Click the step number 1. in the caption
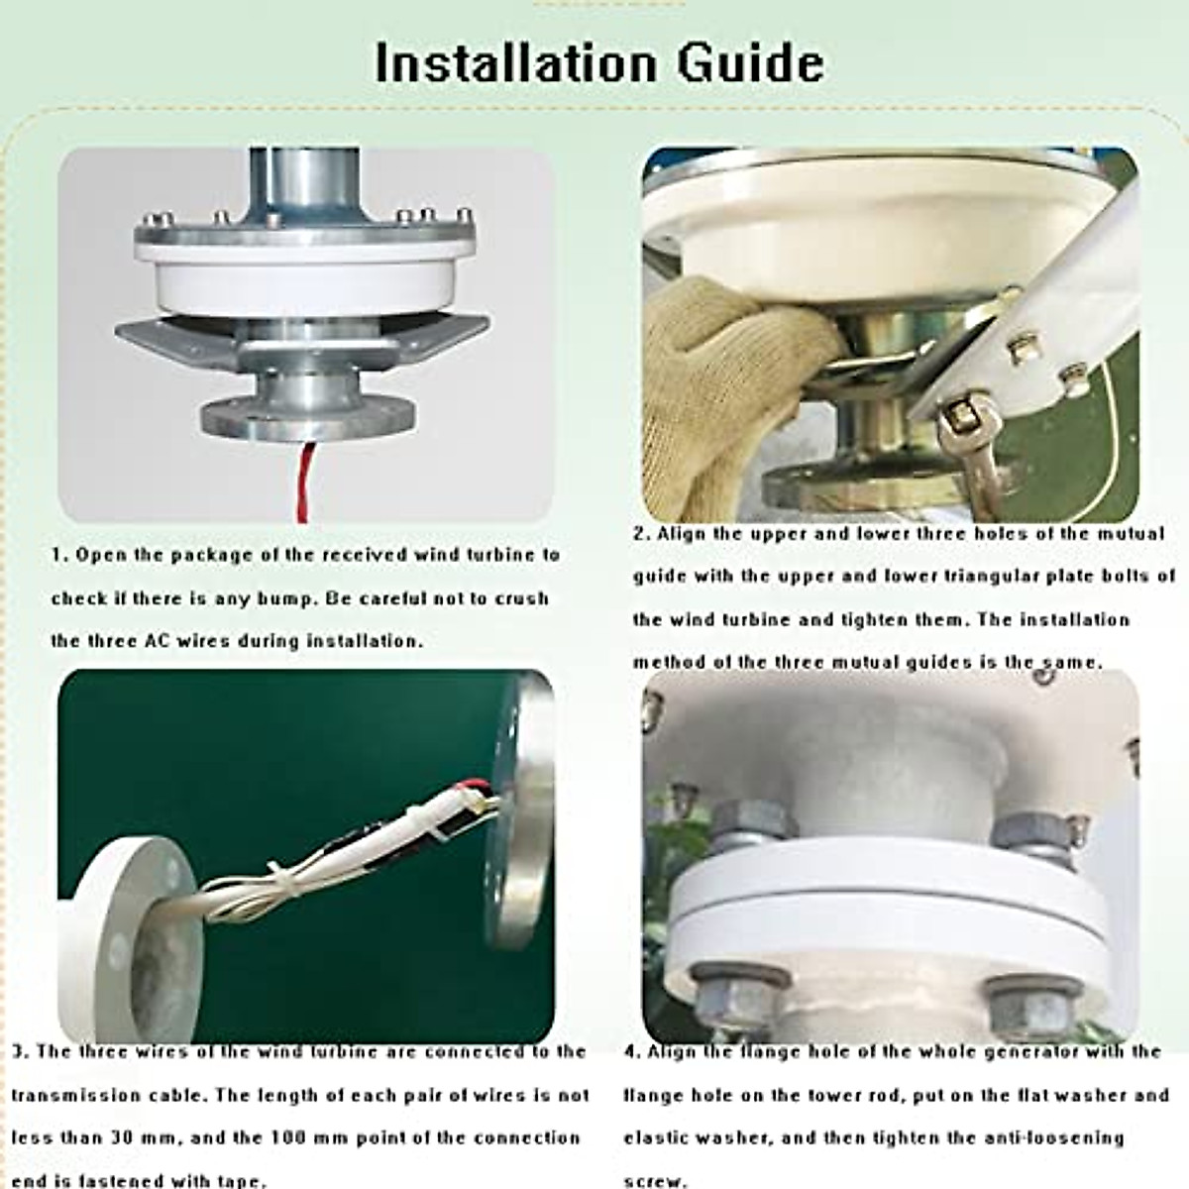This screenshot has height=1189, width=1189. click(60, 555)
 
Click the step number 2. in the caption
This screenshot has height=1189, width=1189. click(642, 534)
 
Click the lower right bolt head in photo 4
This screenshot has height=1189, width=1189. click(1030, 1001)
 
